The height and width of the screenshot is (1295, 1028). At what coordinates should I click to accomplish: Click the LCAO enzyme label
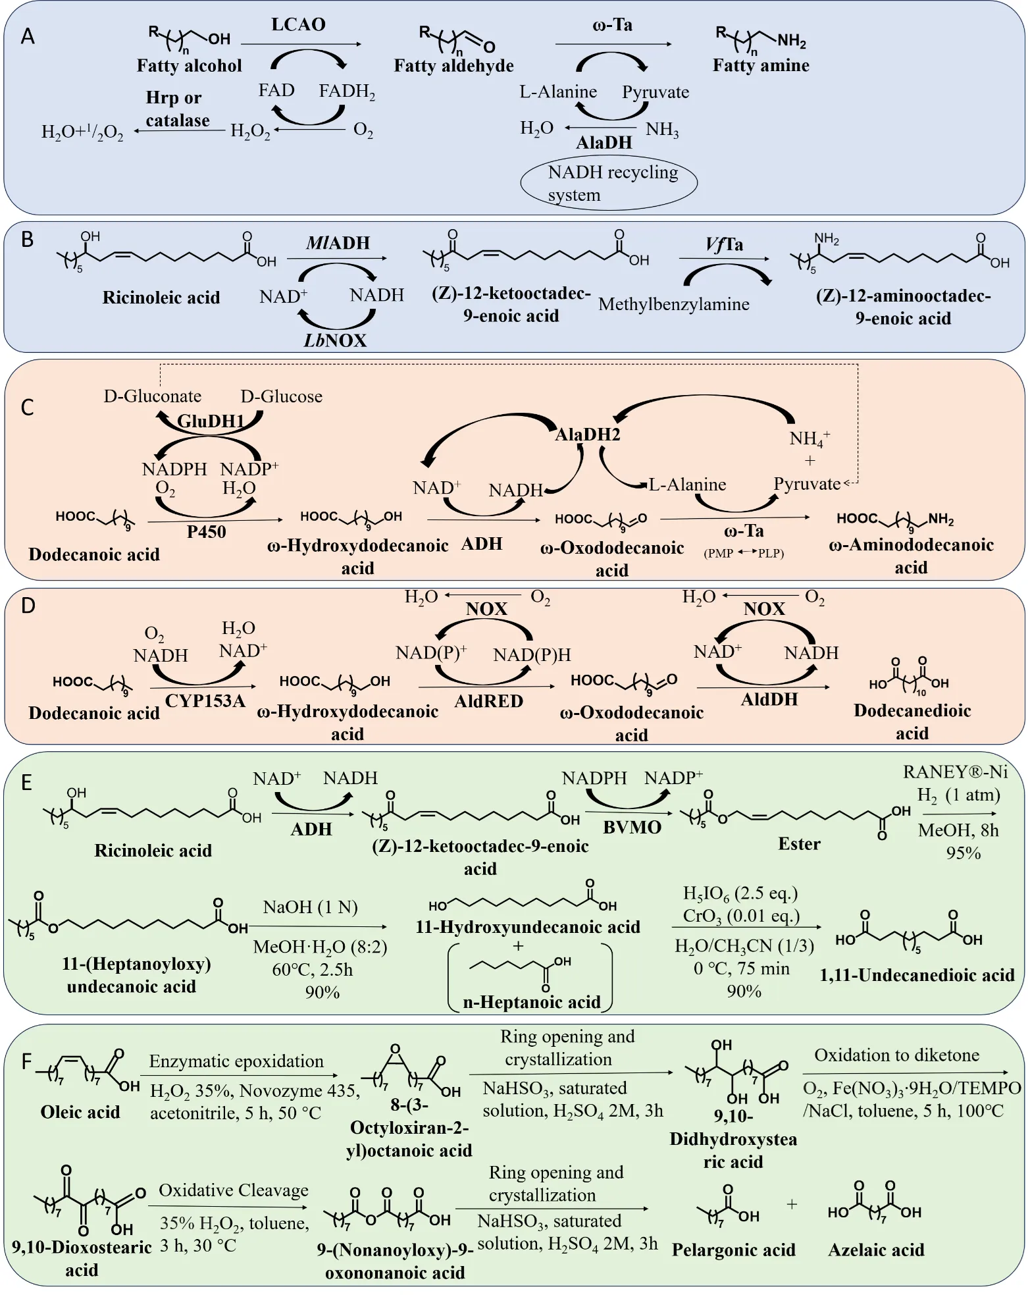pos(298,25)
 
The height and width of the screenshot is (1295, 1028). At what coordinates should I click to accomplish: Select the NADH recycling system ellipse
pos(609,183)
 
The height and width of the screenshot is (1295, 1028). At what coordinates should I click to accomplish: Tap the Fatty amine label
pos(761,65)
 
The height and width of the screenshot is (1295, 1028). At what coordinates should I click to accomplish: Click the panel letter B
pos(27,240)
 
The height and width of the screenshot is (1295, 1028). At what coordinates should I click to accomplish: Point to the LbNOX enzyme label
pos(335,340)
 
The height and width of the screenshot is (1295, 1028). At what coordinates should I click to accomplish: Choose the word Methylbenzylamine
pos(674,304)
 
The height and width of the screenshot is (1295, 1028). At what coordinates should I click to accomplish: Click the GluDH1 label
pos(211,421)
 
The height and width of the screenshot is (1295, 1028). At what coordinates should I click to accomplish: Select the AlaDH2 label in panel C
pos(588,435)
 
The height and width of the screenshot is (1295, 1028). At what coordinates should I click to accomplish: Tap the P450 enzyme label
pos(206,532)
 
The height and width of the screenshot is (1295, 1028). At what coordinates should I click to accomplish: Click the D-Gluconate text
pos(153,396)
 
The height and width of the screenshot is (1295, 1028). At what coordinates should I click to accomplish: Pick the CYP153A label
pos(205,701)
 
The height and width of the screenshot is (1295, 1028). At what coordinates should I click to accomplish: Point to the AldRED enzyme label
pos(488,701)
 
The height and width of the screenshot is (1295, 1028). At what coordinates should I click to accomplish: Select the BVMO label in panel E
pos(632,828)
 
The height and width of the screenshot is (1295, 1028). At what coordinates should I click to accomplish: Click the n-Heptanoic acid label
pos(532,1002)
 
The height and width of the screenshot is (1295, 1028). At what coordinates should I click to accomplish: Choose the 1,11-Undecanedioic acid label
pos(917,975)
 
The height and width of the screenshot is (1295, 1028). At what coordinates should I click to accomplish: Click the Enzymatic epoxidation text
pos(236,1061)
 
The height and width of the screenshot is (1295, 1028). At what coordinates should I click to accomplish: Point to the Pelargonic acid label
pos(734,1250)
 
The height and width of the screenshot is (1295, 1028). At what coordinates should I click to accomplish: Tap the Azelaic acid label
pos(876,1250)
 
